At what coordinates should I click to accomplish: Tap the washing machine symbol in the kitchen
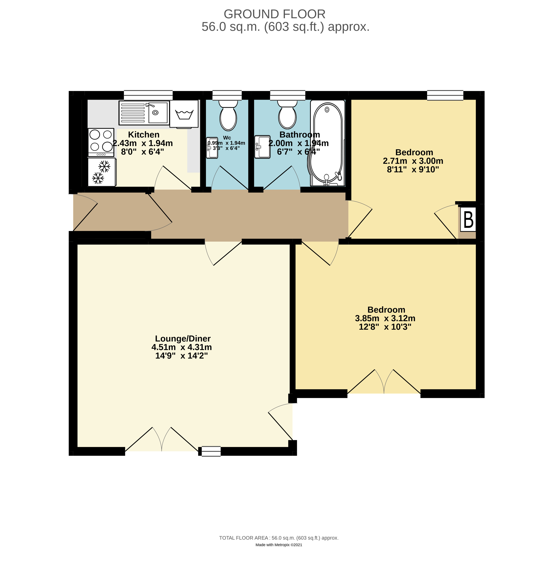click(x=184, y=114)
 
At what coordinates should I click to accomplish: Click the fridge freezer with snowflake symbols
click(x=102, y=172)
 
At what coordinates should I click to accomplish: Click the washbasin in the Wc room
click(x=212, y=148)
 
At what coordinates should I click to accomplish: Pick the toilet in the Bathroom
click(x=287, y=114)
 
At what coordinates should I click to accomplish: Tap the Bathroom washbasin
click(x=262, y=147)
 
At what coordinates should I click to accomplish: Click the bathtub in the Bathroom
click(x=327, y=143)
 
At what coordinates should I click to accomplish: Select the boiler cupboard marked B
click(x=468, y=220)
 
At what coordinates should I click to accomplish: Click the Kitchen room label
click(x=144, y=135)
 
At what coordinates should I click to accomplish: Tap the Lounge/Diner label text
click(x=183, y=338)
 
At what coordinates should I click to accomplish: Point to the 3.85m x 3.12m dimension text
click(x=385, y=318)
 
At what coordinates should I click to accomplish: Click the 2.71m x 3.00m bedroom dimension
click(x=413, y=161)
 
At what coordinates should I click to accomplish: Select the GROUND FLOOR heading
click(x=274, y=14)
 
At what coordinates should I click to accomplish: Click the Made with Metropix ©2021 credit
click(x=279, y=545)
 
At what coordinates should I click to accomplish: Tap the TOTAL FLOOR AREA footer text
click(x=279, y=538)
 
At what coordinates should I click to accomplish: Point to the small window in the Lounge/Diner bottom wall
click(x=211, y=451)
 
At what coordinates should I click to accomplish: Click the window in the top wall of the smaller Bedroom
click(x=445, y=95)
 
